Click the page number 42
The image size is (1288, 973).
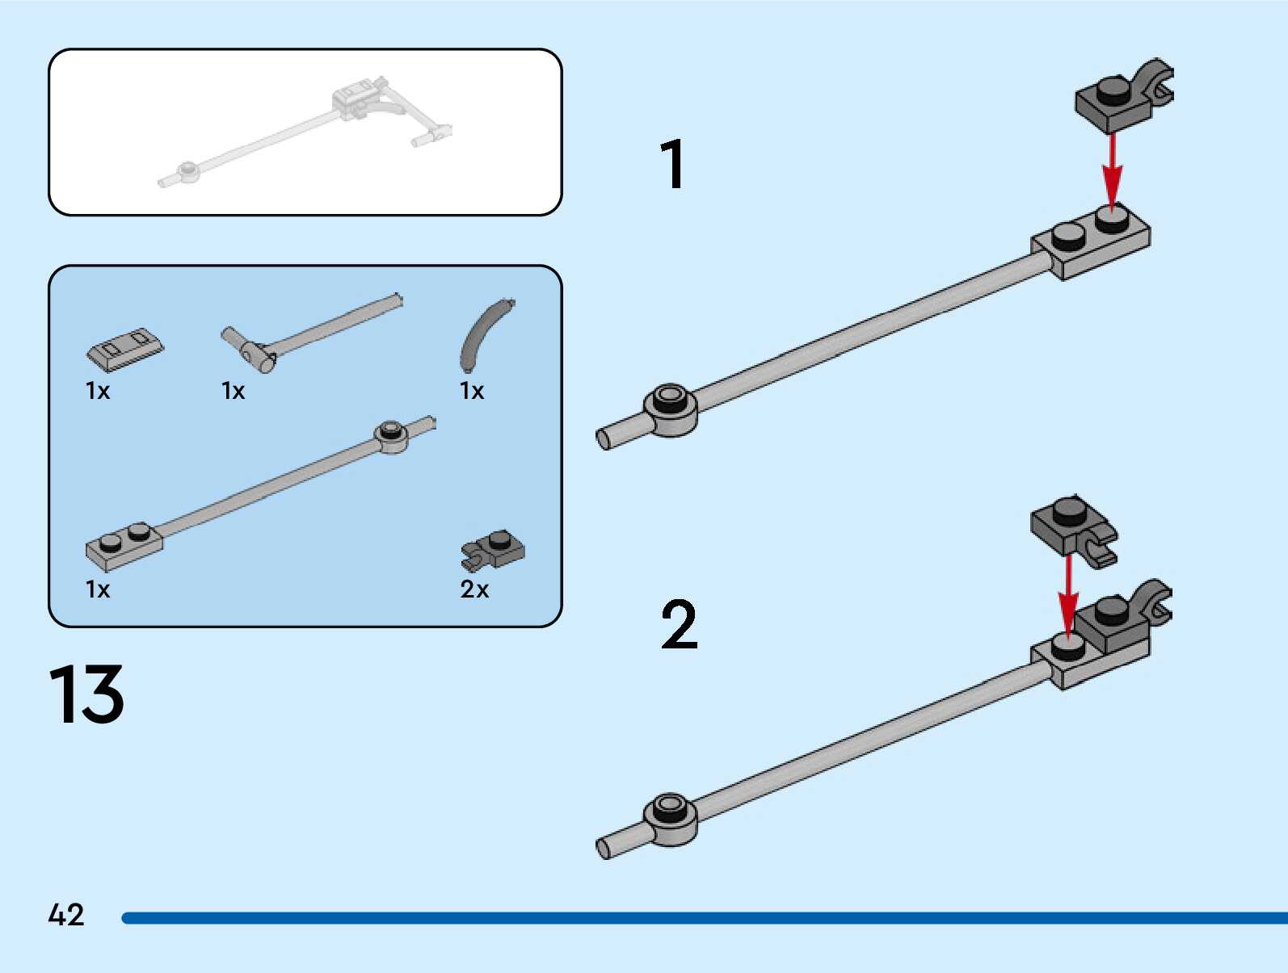(65, 915)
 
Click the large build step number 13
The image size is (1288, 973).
(86, 694)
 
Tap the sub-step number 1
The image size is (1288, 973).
(672, 164)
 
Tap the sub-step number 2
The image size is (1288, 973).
(679, 624)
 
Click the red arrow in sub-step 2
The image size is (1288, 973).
(1068, 594)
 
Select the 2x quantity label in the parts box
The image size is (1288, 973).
(474, 589)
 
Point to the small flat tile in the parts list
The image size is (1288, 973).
(124, 348)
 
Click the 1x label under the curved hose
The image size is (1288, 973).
(472, 391)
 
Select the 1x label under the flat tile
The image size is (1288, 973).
(98, 391)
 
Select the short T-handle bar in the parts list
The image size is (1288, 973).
(307, 331)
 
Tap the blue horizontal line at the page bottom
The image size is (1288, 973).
(703, 918)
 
